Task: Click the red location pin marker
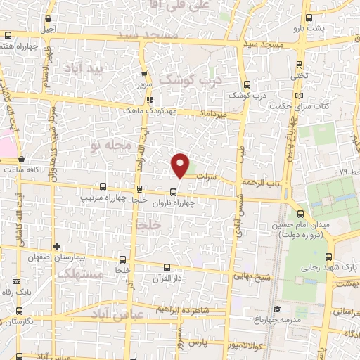pyautogui.click(x=181, y=165)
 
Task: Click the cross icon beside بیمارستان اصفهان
pyautogui.click(x=56, y=246)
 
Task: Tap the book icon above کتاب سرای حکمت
pyautogui.click(x=300, y=96)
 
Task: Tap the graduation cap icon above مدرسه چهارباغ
pyautogui.click(x=278, y=309)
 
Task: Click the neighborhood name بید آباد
pyautogui.click(x=84, y=69)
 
